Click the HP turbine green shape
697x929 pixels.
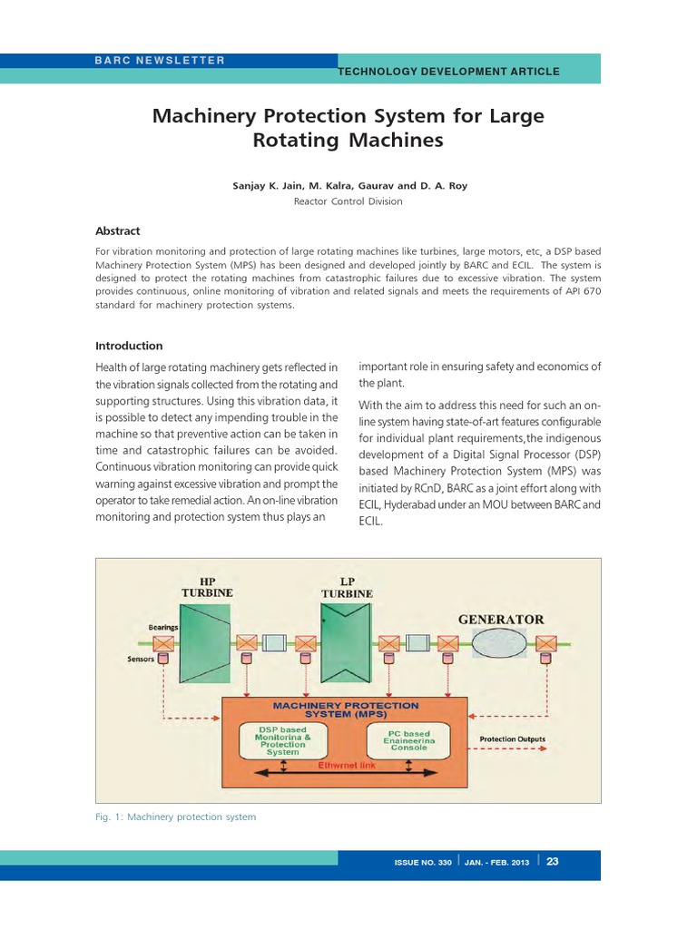[x=206, y=643]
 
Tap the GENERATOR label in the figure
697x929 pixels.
[x=501, y=620]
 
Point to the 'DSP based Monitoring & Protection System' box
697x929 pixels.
[x=283, y=740]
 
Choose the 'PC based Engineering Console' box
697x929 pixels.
[x=408, y=740]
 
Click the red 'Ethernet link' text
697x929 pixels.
[x=347, y=766]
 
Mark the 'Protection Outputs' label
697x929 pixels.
[x=513, y=739]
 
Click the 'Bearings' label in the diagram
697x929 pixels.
[x=163, y=627]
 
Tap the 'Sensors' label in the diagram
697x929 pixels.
[x=140, y=660]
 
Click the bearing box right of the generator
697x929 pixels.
[x=546, y=643]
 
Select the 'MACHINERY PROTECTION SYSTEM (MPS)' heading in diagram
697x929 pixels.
[x=346, y=709]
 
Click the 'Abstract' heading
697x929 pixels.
[x=118, y=231]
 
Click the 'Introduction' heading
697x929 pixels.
[x=129, y=346]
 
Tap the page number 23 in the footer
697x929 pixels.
[x=552, y=862]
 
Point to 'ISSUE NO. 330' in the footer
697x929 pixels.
[x=422, y=863]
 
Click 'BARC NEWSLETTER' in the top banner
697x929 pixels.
[x=159, y=60]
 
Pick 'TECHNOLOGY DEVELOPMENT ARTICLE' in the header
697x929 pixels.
[x=448, y=72]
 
